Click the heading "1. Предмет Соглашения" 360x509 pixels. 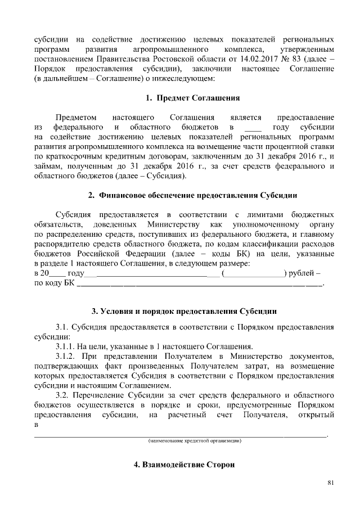[193, 98]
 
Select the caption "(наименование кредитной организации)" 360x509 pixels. [195, 440]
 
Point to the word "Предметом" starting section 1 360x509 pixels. [75, 118]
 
